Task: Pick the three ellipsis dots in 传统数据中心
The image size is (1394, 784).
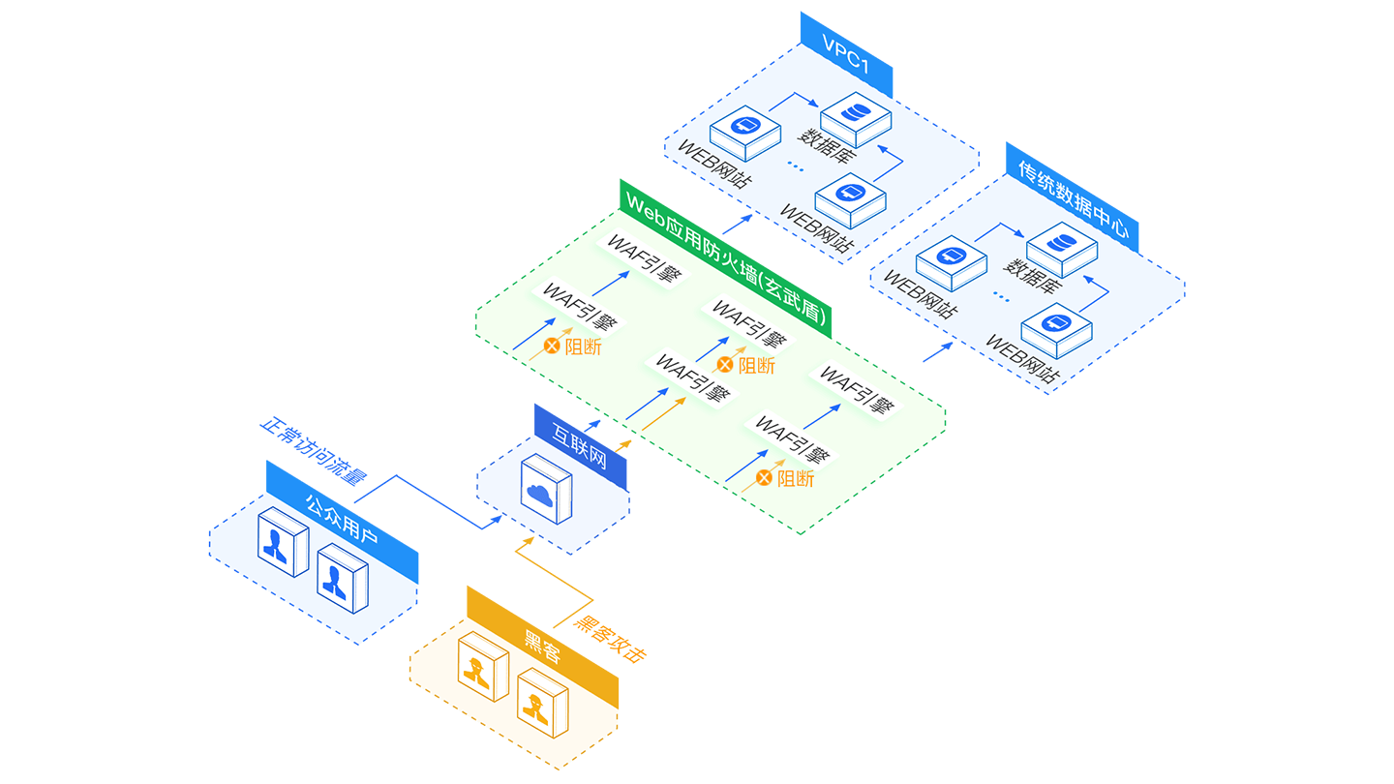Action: coord(1001,298)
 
